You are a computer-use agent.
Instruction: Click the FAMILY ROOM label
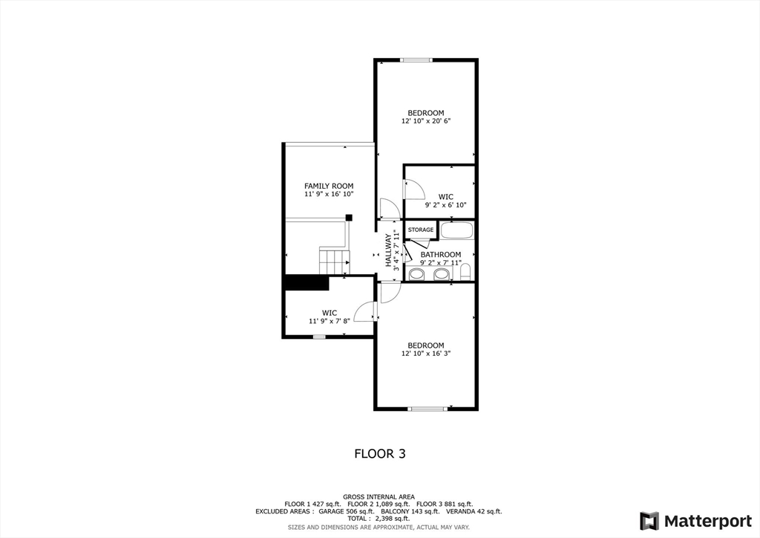[329, 186]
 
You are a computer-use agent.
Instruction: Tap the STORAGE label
[421, 230]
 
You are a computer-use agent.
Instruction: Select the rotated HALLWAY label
[388, 250]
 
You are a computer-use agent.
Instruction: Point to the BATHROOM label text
[441, 254]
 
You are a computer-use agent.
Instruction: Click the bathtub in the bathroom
[456, 230]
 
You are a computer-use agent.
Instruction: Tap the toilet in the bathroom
[466, 274]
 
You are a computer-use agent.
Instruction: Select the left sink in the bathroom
[417, 275]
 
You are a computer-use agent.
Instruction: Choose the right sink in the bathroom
[442, 275]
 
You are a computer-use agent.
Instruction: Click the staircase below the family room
[334, 260]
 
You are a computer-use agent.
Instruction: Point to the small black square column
[348, 217]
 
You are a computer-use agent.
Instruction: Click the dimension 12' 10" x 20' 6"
[426, 120]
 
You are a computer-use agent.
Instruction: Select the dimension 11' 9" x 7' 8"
[330, 321]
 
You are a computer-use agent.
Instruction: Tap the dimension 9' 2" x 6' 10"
[445, 205]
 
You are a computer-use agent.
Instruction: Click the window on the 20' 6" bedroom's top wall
[416, 60]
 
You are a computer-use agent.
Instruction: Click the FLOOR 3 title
[379, 453]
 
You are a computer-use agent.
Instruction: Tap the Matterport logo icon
[649, 520]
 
